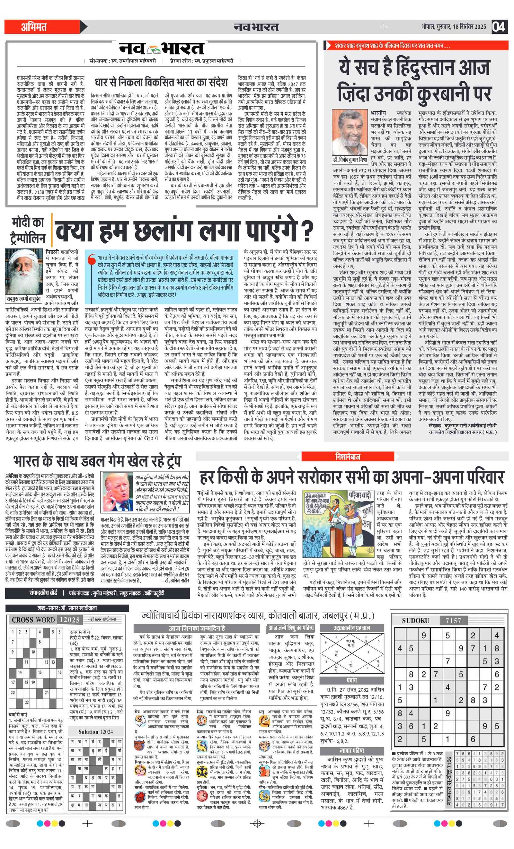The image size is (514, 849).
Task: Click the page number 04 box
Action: pyautogui.click(x=499, y=27)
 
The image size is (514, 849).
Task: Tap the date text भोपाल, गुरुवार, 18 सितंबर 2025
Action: pyautogui.click(x=453, y=27)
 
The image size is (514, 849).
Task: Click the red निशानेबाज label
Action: pyautogui.click(x=348, y=457)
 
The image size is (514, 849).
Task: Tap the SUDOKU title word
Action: pyautogui.click(x=415, y=621)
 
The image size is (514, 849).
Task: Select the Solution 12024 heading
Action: pyautogui.click(x=95, y=731)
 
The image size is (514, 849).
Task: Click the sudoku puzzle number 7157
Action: pyautogui.click(x=453, y=621)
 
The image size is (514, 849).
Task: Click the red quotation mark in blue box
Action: pyautogui.click(x=91, y=260)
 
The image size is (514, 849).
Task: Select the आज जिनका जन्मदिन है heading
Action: pyautogui.click(x=197, y=628)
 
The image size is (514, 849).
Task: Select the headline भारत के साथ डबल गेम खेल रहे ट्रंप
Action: pyautogui.click(x=97, y=461)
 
